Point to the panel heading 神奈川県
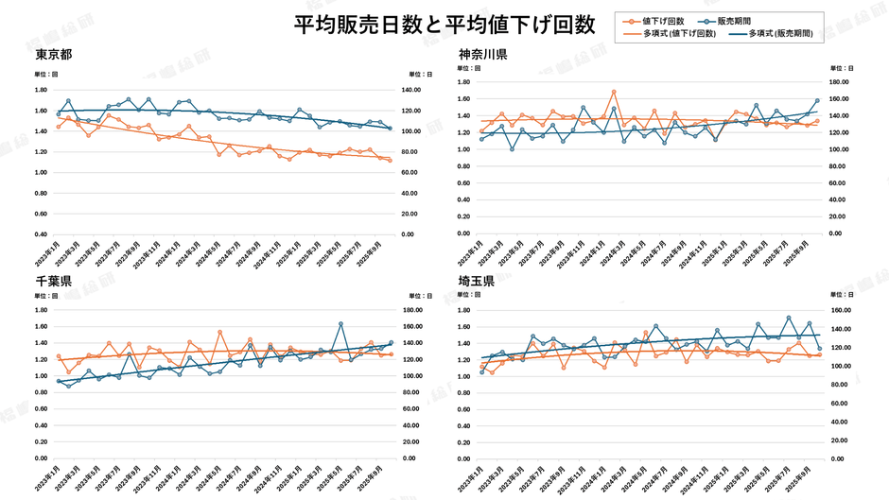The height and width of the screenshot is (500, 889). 483,54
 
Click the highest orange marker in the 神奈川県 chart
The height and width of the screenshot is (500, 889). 614,92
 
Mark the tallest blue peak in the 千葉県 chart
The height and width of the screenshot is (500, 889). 340,324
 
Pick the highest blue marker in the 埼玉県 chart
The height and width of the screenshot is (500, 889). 789,318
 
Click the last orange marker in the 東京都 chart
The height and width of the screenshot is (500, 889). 390,161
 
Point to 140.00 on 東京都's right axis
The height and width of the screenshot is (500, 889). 410,90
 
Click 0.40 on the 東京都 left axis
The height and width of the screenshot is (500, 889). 41,234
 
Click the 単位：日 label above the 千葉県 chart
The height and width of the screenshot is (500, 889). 421,296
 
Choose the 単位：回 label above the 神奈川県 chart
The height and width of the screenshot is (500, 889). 470,68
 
